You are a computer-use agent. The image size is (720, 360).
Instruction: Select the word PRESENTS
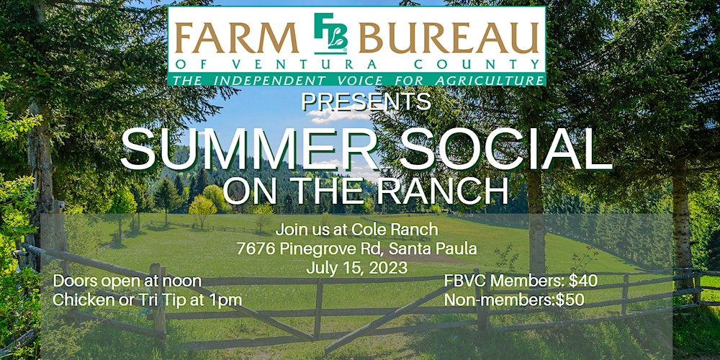(x=366, y=102)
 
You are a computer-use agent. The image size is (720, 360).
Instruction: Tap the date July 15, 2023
(x=356, y=268)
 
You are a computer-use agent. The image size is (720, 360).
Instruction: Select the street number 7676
(x=258, y=250)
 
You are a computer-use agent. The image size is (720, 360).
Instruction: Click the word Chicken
(x=80, y=299)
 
